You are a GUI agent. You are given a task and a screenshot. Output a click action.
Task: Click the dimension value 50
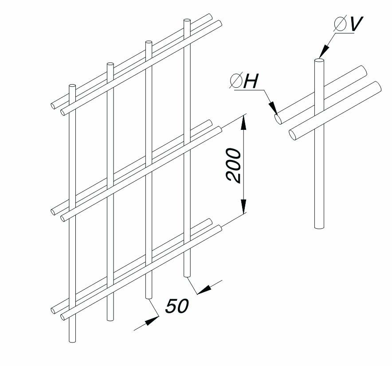point(177,306)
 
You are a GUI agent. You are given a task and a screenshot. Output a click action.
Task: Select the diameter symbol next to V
point(340,25)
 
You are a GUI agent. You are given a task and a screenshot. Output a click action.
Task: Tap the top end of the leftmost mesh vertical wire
point(72,85)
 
